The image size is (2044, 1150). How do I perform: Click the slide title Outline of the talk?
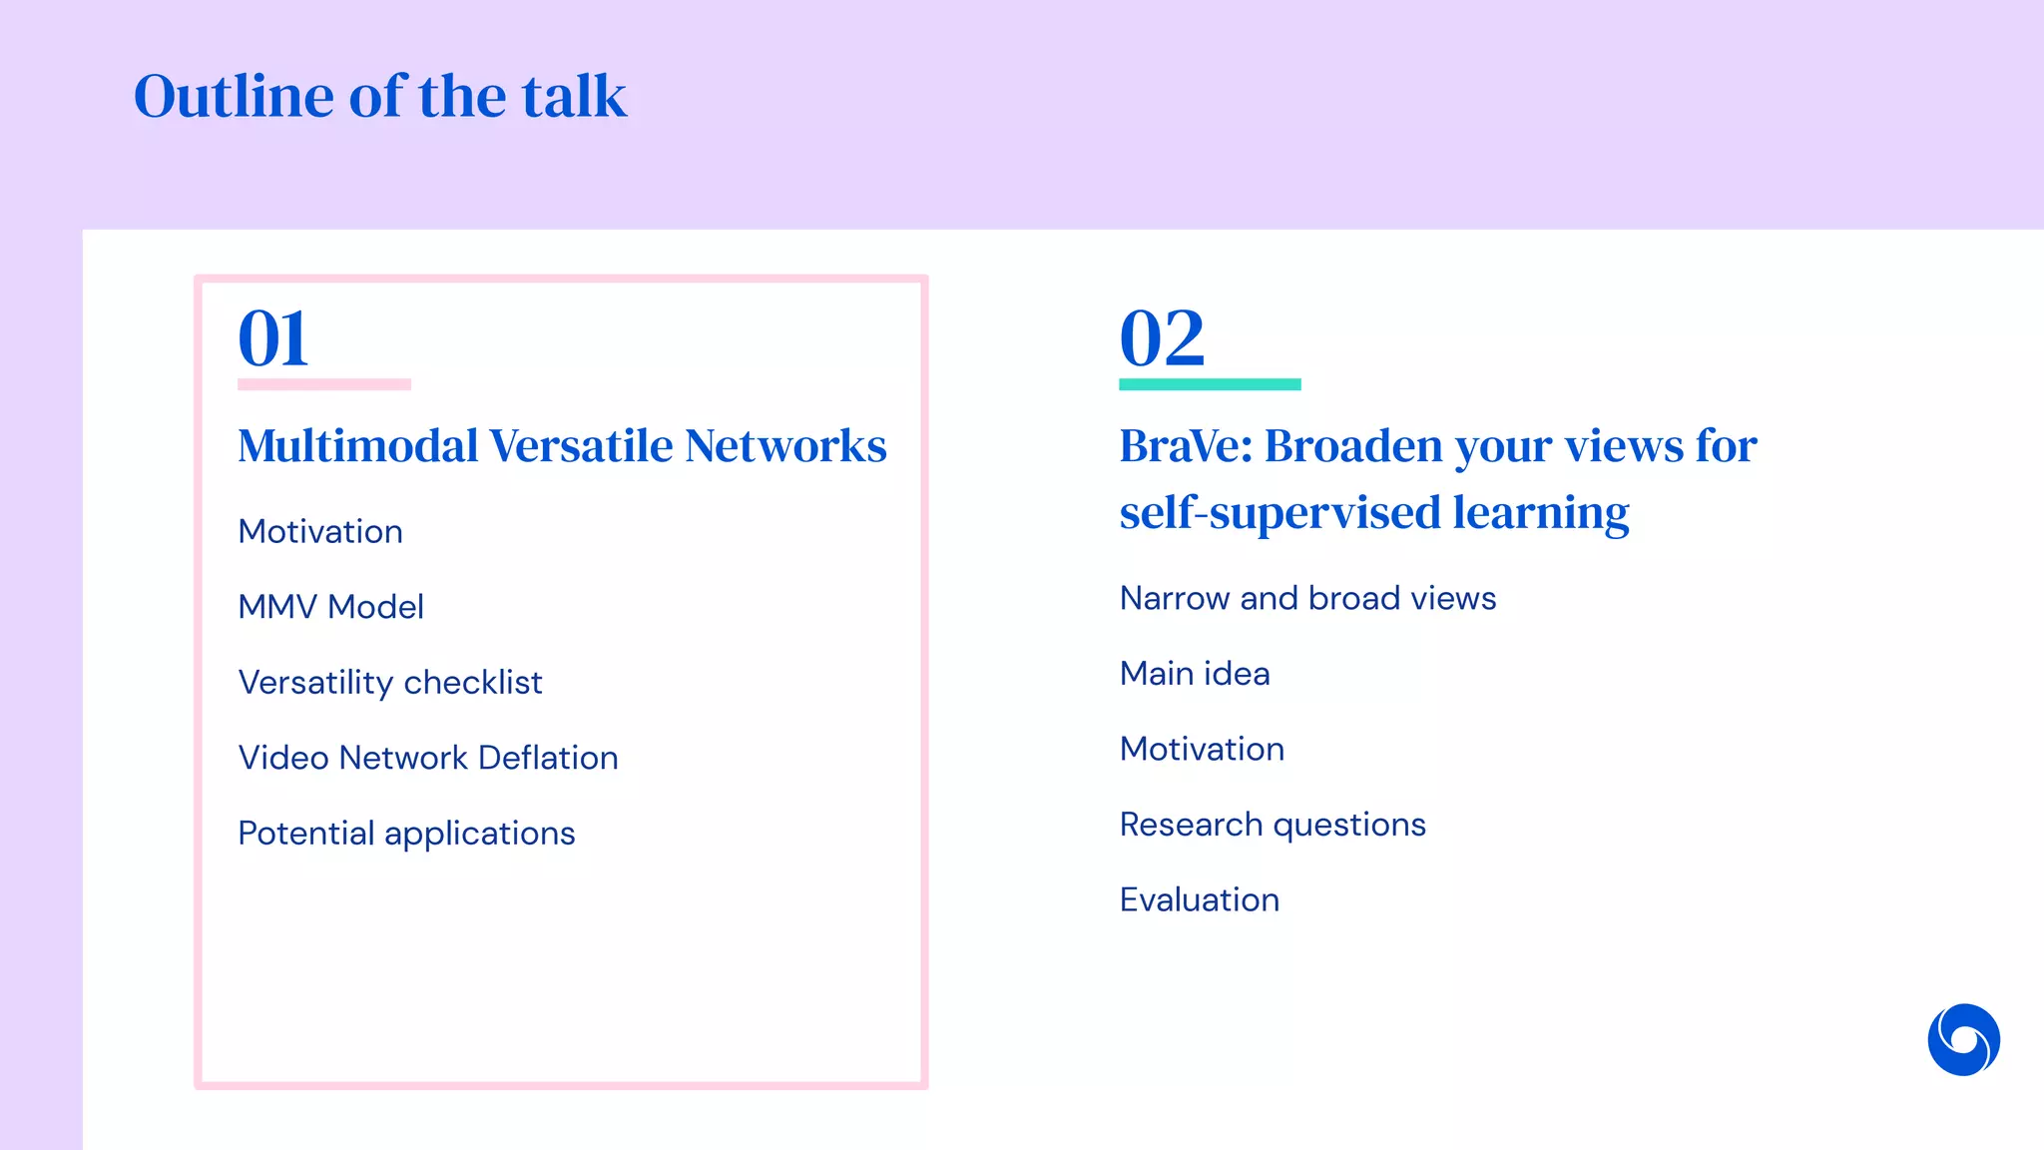click(x=380, y=97)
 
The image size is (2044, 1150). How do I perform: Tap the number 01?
click(x=273, y=338)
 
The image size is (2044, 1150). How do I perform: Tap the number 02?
click(x=1162, y=338)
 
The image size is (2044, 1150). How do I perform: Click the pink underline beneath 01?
click(x=324, y=384)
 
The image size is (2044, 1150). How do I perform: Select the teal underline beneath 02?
click(x=1210, y=384)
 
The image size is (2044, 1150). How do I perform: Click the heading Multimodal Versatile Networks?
click(x=562, y=445)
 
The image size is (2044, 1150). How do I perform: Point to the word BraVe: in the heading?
click(x=1185, y=445)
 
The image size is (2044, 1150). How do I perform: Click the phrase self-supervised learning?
click(x=1373, y=512)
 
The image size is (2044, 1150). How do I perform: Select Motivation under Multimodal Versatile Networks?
click(x=320, y=531)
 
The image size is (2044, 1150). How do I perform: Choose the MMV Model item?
click(x=330, y=607)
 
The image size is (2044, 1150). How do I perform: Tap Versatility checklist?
click(x=390, y=683)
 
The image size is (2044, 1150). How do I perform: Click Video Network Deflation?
click(x=428, y=758)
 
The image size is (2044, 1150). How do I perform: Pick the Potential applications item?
click(x=406, y=834)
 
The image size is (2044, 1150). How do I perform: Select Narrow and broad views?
click(x=1307, y=598)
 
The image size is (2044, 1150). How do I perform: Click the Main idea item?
click(x=1195, y=674)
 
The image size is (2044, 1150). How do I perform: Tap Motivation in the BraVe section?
click(x=1202, y=749)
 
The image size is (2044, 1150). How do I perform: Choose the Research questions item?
click(x=1273, y=825)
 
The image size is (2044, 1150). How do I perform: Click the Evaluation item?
click(x=1199, y=900)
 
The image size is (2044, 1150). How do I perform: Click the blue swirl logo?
click(x=1963, y=1039)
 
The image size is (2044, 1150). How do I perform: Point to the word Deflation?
click(x=548, y=758)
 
